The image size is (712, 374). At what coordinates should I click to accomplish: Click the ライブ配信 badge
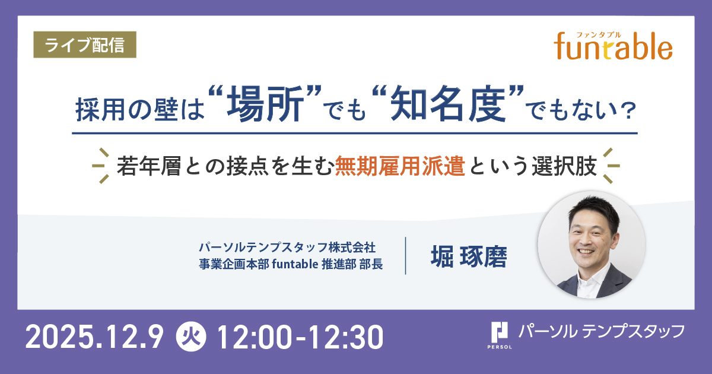point(85,45)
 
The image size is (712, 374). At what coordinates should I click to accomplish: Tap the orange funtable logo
point(613,47)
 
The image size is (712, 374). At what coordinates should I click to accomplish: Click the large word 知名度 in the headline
point(448,104)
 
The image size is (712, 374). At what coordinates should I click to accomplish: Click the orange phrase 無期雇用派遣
point(400,166)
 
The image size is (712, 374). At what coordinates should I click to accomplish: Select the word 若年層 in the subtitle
point(149,166)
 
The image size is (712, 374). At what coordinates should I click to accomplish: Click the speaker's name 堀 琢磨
point(469,256)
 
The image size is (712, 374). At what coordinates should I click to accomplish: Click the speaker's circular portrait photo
point(592,245)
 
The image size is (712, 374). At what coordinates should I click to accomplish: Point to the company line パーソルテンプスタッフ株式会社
point(287,247)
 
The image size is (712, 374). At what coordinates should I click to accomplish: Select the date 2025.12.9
point(94,337)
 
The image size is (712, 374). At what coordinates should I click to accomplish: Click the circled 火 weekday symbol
point(191,337)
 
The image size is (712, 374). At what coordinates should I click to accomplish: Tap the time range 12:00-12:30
point(300,337)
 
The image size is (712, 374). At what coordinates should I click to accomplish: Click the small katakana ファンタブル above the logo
point(599,35)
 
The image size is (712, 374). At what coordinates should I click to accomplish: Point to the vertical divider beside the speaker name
point(406,255)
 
